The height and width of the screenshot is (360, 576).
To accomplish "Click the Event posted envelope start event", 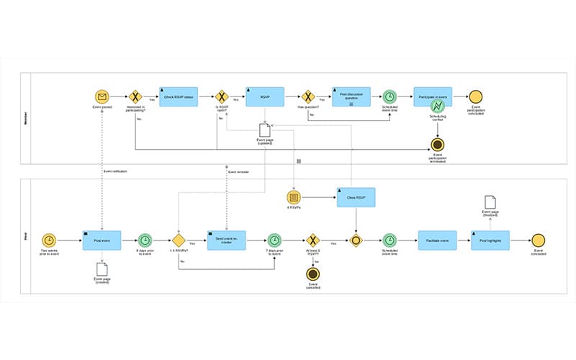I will (x=102, y=96).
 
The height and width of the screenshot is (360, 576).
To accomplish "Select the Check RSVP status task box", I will (x=178, y=96).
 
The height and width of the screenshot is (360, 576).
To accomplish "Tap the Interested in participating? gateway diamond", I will (x=135, y=96).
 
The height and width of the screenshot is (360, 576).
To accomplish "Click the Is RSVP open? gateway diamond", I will (x=222, y=96).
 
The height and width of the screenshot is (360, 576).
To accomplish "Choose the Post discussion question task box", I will (x=351, y=96).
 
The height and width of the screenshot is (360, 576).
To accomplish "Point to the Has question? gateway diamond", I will (x=308, y=96).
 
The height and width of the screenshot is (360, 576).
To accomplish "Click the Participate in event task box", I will (x=433, y=96).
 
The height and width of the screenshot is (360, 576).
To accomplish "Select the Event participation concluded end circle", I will (x=476, y=96).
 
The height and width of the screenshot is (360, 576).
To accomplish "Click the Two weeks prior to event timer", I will (x=50, y=240).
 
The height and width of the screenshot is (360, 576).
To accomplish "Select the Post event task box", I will (x=102, y=240).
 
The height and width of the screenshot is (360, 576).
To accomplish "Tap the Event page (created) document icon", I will (x=102, y=269).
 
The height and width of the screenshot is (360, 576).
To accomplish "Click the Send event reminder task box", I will (x=226, y=240).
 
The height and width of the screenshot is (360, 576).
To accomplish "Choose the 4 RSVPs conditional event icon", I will (x=294, y=197).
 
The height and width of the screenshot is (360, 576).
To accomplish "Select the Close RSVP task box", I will (x=356, y=197).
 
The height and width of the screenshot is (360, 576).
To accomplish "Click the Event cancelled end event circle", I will (x=312, y=274).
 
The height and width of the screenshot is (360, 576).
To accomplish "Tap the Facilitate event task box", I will (x=438, y=240).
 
